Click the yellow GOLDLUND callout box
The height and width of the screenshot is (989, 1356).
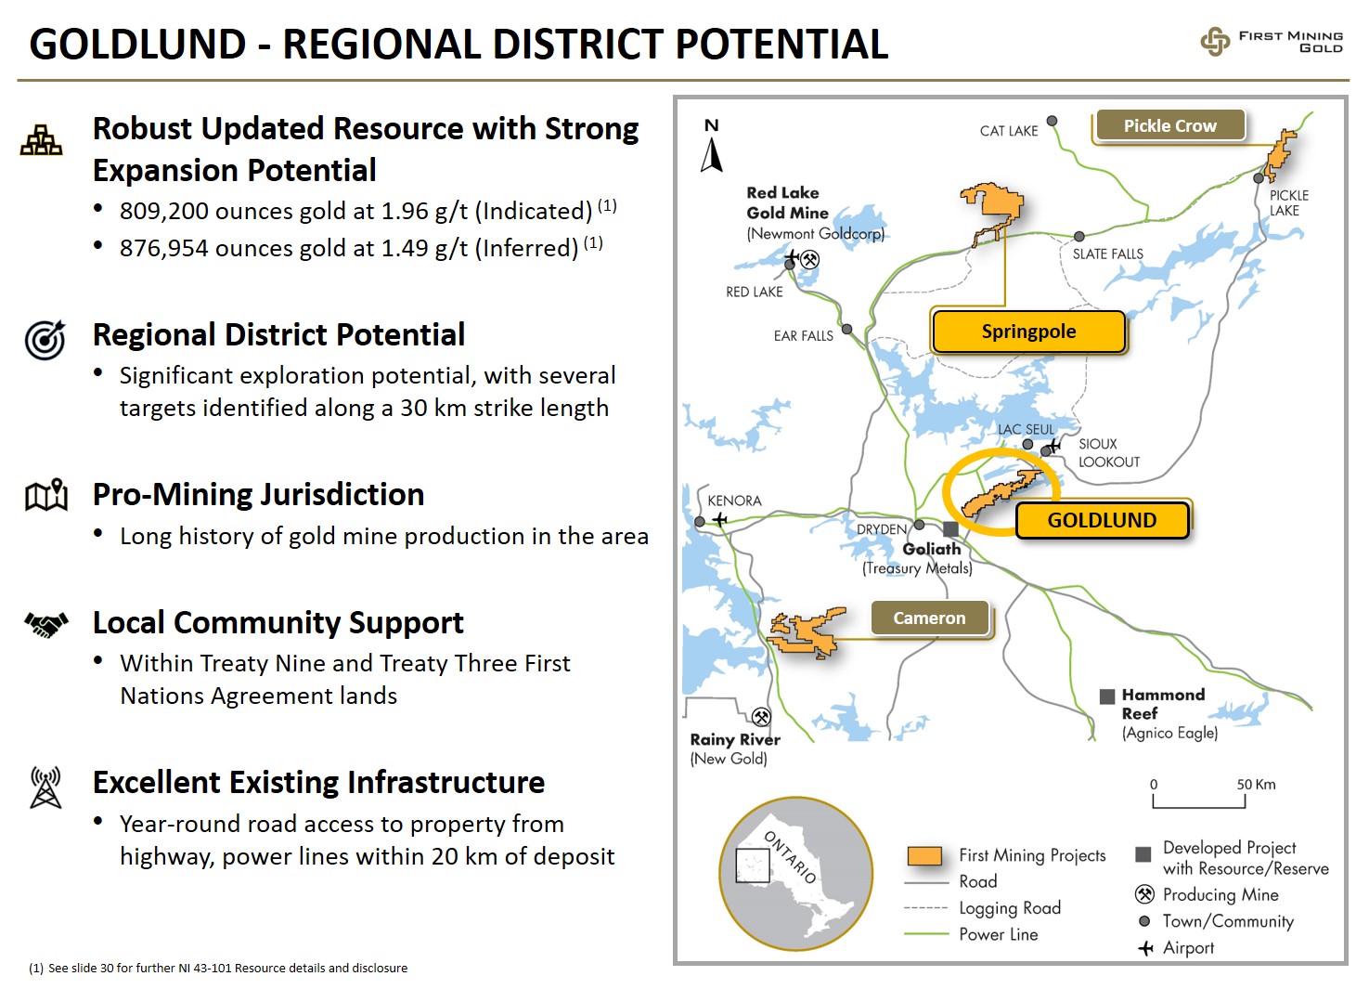point(1103,520)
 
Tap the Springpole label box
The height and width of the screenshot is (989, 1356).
point(1028,332)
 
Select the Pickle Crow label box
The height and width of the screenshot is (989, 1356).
point(1170,125)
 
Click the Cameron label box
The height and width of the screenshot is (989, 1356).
point(929,618)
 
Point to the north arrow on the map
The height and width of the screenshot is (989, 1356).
point(712,155)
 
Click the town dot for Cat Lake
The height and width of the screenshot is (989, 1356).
point(1053,121)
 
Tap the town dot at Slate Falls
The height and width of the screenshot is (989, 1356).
point(1079,236)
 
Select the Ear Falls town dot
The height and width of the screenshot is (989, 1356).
point(847,329)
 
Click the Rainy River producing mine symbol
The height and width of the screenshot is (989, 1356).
point(761,717)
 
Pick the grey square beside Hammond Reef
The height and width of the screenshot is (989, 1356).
point(1107,696)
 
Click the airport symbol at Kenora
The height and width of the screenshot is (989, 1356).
point(720,520)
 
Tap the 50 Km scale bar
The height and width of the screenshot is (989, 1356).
point(1199,801)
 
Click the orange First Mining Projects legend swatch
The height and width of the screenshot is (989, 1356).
point(924,856)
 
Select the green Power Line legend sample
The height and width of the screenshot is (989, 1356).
point(926,934)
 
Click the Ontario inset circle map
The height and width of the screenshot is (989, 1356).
point(796,873)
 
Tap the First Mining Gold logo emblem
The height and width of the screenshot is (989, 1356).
point(1215,42)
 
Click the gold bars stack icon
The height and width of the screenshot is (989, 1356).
point(41,140)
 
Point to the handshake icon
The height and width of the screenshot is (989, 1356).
point(46,625)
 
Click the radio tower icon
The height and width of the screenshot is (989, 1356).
point(46,787)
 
